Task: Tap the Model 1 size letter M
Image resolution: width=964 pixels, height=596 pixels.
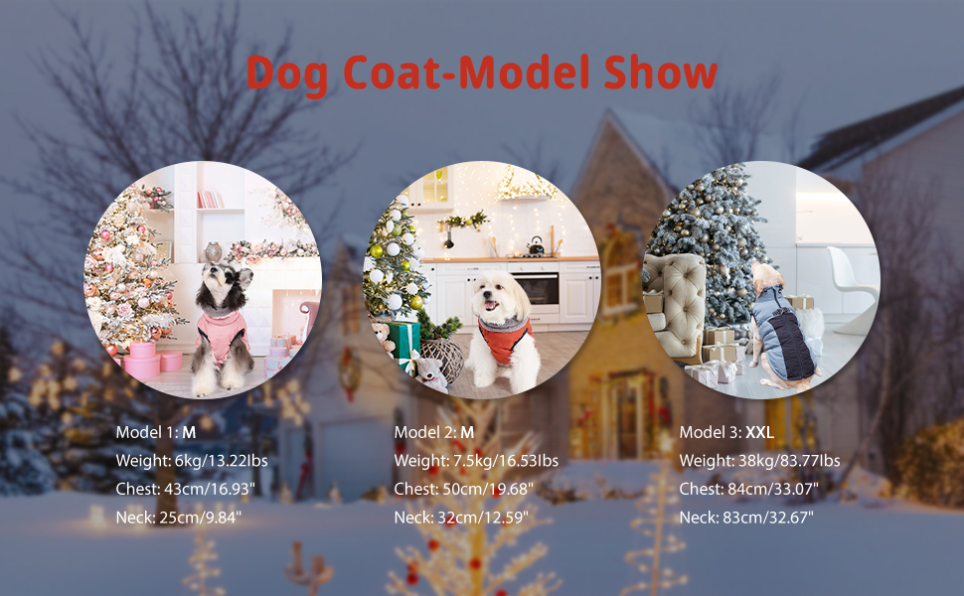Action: pos(189,432)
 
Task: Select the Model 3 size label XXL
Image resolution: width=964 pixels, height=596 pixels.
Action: pos(760,432)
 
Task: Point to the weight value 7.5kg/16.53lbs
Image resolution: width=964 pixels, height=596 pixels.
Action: pos(506,461)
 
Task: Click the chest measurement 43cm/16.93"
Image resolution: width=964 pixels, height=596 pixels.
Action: pos(209,489)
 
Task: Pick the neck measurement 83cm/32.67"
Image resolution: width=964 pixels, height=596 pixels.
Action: pos(768,518)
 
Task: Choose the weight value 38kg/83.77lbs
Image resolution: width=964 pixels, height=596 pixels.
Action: pos(789,461)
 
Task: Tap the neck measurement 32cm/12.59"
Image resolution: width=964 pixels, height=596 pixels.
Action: pos(483,518)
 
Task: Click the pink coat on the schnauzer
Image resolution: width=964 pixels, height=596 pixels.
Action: pos(222,334)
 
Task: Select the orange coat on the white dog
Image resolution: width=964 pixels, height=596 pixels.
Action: pos(504,340)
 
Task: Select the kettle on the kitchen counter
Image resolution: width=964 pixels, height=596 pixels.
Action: pos(536,246)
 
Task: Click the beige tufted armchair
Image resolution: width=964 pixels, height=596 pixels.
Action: pos(675,305)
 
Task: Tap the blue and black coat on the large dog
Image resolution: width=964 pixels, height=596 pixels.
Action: pos(784,332)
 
